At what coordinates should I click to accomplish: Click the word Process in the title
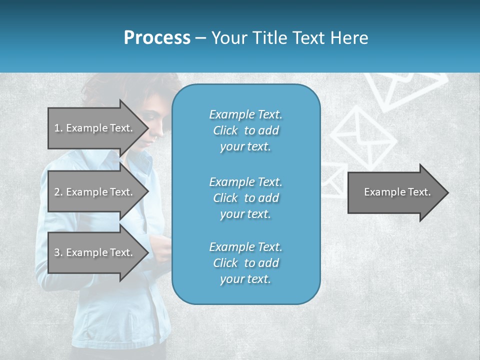tap(157, 38)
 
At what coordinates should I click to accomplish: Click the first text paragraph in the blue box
tap(245, 130)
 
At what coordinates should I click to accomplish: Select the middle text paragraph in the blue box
tap(245, 198)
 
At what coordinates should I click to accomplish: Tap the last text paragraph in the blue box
tap(245, 263)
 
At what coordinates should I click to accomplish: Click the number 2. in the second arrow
tap(58, 192)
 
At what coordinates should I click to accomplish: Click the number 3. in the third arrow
tap(58, 252)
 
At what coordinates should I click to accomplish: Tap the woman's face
tap(159, 120)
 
